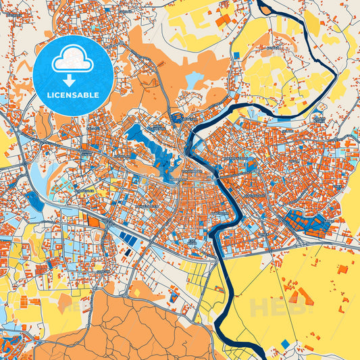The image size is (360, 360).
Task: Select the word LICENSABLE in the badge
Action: pyautogui.click(x=73, y=95)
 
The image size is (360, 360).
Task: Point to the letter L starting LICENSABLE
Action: pyautogui.click(x=49, y=95)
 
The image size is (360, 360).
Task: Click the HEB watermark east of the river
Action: pyautogui.click(x=276, y=308)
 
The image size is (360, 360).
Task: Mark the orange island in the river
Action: pyautogui.click(x=264, y=9)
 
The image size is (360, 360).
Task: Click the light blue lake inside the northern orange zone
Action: pyautogui.click(x=193, y=81)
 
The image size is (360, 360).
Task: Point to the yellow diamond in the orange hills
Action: pyautogui.click(x=139, y=292)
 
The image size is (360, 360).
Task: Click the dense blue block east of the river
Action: pyautogui.click(x=301, y=222)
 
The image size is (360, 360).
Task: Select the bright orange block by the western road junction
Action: pyautogui.click(x=92, y=219)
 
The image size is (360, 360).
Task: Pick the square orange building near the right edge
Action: pyautogui.click(x=342, y=269)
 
